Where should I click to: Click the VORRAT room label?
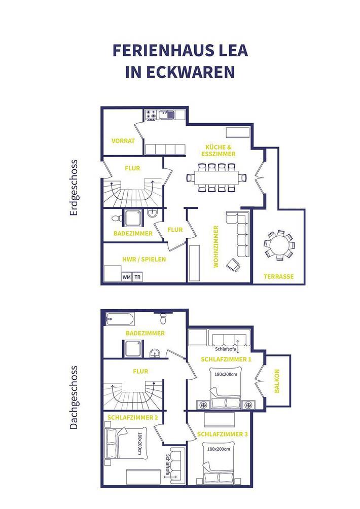123,140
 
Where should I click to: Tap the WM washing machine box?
126,277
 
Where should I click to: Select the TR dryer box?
137,277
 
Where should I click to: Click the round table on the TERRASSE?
278,246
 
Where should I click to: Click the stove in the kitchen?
151,115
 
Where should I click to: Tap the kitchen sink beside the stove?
166,115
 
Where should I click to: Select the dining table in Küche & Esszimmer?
216,177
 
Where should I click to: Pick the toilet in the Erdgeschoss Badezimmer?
117,218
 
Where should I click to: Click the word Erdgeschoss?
74,188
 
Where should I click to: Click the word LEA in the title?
233,51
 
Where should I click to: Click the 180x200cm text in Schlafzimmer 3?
218,449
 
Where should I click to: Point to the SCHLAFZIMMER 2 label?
133,417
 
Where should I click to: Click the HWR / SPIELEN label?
144,259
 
